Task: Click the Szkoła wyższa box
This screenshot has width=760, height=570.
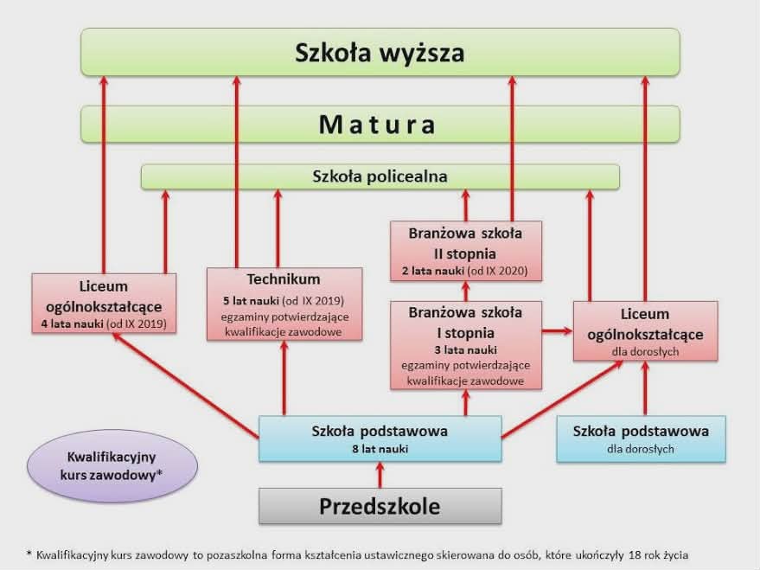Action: click(380, 52)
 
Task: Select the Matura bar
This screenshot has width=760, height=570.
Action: click(380, 125)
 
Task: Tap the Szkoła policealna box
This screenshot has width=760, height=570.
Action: click(380, 176)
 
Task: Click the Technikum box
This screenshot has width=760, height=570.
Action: click(284, 304)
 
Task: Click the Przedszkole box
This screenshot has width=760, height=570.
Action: click(380, 506)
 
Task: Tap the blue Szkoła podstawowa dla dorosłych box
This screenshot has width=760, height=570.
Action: click(641, 439)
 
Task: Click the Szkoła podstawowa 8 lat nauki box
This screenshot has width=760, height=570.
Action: click(380, 439)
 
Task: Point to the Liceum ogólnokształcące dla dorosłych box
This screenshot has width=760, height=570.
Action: click(644, 330)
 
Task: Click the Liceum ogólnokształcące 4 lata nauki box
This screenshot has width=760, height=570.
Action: click(104, 304)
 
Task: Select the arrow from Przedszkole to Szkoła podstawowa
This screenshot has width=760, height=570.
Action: click(378, 475)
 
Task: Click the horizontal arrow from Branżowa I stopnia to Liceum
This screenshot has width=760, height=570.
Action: click(557, 330)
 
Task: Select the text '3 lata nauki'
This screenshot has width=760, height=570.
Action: click(465, 349)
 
